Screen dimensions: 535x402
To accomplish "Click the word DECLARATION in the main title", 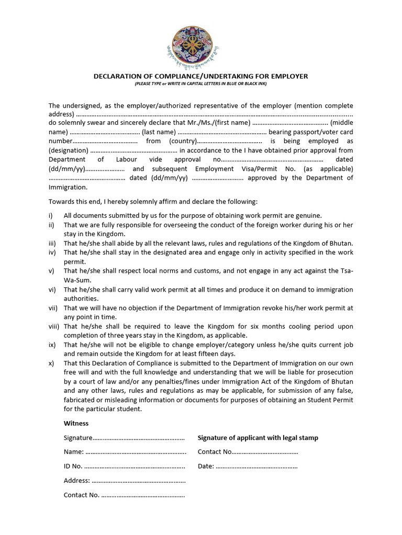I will tap(117, 76).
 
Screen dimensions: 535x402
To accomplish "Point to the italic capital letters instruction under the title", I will tap(200, 84).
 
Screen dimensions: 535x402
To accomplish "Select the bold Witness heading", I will tap(76, 423).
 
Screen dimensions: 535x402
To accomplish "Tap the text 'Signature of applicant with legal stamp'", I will tap(258, 438).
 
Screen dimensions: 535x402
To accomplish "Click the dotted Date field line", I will tap(256, 466).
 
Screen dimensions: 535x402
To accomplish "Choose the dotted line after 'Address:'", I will tap(139, 480).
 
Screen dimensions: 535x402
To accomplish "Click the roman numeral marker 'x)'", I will tap(51, 363).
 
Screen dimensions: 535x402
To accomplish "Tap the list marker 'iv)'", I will tap(52, 252).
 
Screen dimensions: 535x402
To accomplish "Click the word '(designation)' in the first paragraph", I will tap(72, 150).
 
